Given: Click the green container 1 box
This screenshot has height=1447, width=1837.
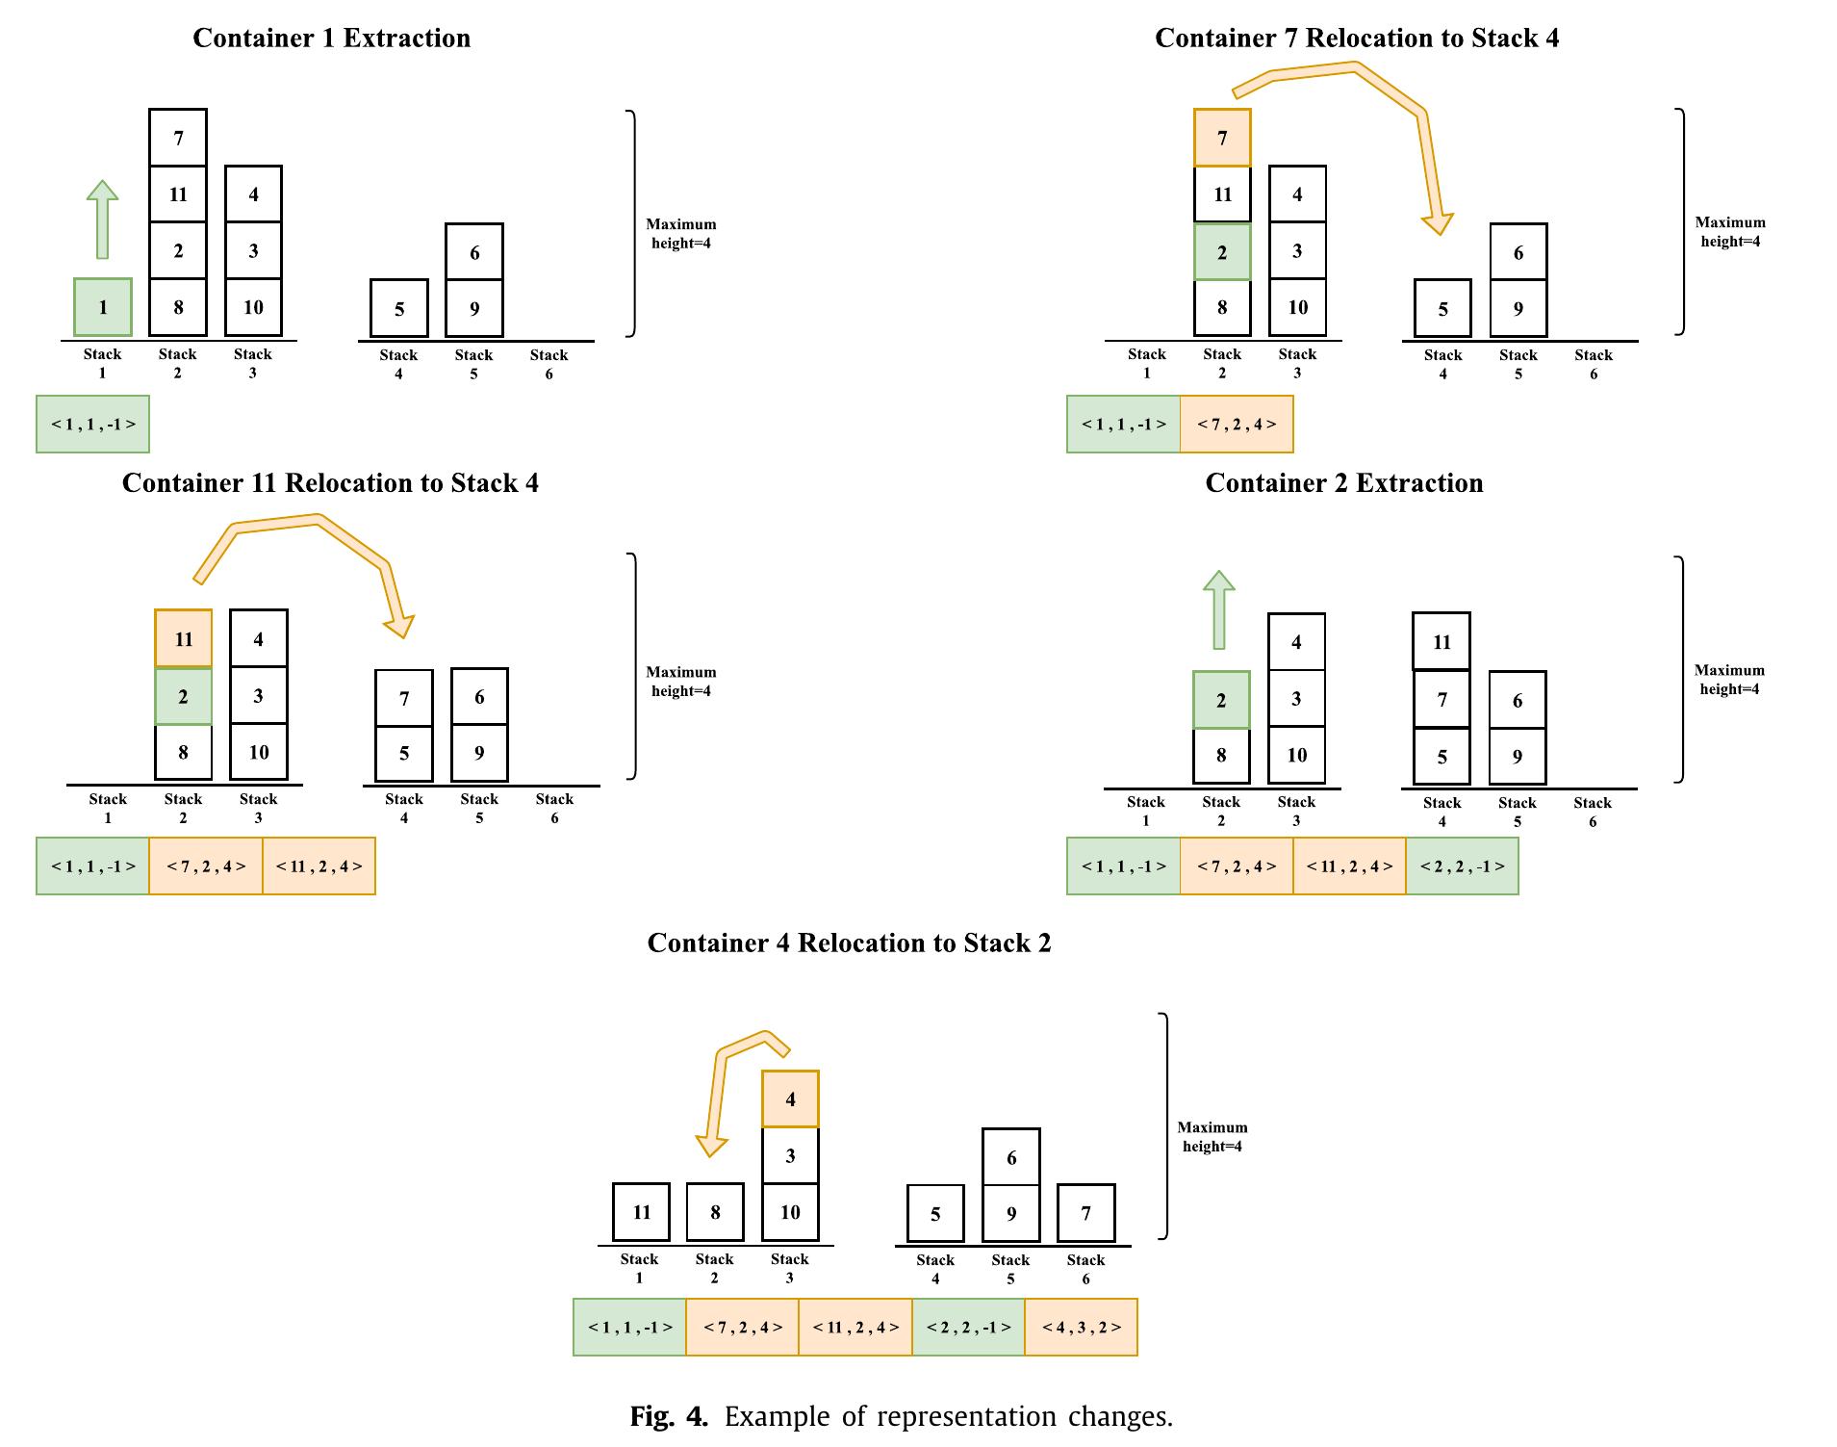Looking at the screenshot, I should tap(103, 307).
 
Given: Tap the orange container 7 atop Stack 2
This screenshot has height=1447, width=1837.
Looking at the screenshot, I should tap(1222, 138).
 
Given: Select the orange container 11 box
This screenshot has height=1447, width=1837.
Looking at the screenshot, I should tap(184, 638).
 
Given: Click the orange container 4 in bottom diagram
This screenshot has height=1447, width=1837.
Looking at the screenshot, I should tap(790, 1098).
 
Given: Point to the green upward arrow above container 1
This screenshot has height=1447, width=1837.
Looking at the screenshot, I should tap(102, 219).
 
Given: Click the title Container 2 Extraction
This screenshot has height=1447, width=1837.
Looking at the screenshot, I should tap(1343, 482).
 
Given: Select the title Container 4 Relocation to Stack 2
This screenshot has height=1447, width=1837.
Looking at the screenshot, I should tap(849, 943).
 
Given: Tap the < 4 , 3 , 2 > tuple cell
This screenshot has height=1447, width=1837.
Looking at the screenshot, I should tap(1081, 1327).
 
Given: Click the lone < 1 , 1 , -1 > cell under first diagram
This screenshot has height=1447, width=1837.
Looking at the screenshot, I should tap(92, 424).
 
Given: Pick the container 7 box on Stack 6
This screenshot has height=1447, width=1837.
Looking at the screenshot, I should tap(1085, 1213).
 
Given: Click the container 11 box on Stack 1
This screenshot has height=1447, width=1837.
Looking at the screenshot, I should tap(641, 1212).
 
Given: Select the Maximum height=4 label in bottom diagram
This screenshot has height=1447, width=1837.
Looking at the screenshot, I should tap(1212, 1136).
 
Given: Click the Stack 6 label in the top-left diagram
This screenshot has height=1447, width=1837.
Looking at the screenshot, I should tap(549, 364).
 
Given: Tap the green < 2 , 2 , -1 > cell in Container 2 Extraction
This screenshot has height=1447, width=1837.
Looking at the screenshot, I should tap(1462, 866).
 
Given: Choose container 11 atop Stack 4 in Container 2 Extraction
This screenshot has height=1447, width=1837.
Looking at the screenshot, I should tap(1442, 641).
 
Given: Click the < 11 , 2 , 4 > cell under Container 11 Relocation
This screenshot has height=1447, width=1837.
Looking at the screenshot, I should tap(319, 866).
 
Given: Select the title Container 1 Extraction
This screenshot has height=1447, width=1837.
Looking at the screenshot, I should tap(331, 38).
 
